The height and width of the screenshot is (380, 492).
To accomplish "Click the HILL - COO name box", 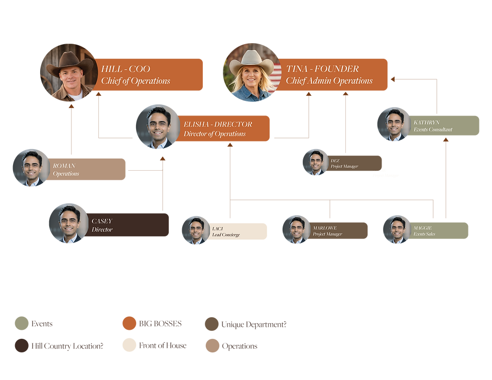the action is pos(148,75).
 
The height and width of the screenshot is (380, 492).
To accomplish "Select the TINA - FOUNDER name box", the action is pos(332,75).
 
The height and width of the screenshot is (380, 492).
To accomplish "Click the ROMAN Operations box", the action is pos(86,170).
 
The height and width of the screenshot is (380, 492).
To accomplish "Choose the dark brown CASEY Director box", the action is pos(127,225).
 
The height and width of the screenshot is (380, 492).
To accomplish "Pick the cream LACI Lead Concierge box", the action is pos(237,231).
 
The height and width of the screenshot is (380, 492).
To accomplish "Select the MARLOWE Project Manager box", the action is pos(338,230).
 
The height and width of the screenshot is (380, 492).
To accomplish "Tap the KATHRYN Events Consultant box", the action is pos(443,126).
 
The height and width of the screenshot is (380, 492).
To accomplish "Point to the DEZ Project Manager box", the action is pos(354,163).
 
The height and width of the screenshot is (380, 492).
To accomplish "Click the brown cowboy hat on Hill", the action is pos(70,64).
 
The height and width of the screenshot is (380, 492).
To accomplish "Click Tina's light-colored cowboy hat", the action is pos(252,62).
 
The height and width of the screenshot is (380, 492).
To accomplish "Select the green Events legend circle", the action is pos(22,323).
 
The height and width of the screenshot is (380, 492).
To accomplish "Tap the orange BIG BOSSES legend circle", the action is pos(130,323).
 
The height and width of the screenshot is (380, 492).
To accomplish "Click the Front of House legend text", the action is pos(163,345).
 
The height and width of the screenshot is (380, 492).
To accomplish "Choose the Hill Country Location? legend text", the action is pos(67,346).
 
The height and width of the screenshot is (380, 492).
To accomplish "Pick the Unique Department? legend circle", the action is pos(212,324).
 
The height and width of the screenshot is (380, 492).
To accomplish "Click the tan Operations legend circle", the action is pos(212,346).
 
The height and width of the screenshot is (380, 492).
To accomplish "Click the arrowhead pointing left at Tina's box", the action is pos(393,79).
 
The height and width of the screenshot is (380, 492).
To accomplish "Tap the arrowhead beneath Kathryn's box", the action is pos(446,140).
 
